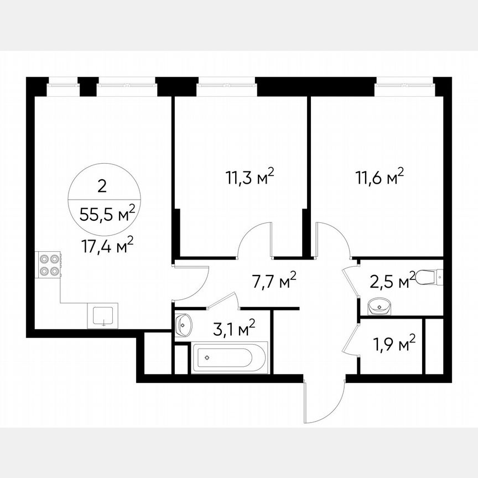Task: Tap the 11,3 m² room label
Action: (250, 178)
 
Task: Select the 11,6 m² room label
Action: (379, 178)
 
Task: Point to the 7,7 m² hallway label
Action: (274, 280)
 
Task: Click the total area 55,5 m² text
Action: (106, 214)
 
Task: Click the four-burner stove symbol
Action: (48, 264)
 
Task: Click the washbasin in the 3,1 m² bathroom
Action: (183, 325)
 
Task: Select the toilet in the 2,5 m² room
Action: (431, 275)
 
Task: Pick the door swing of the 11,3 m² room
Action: (255, 238)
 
